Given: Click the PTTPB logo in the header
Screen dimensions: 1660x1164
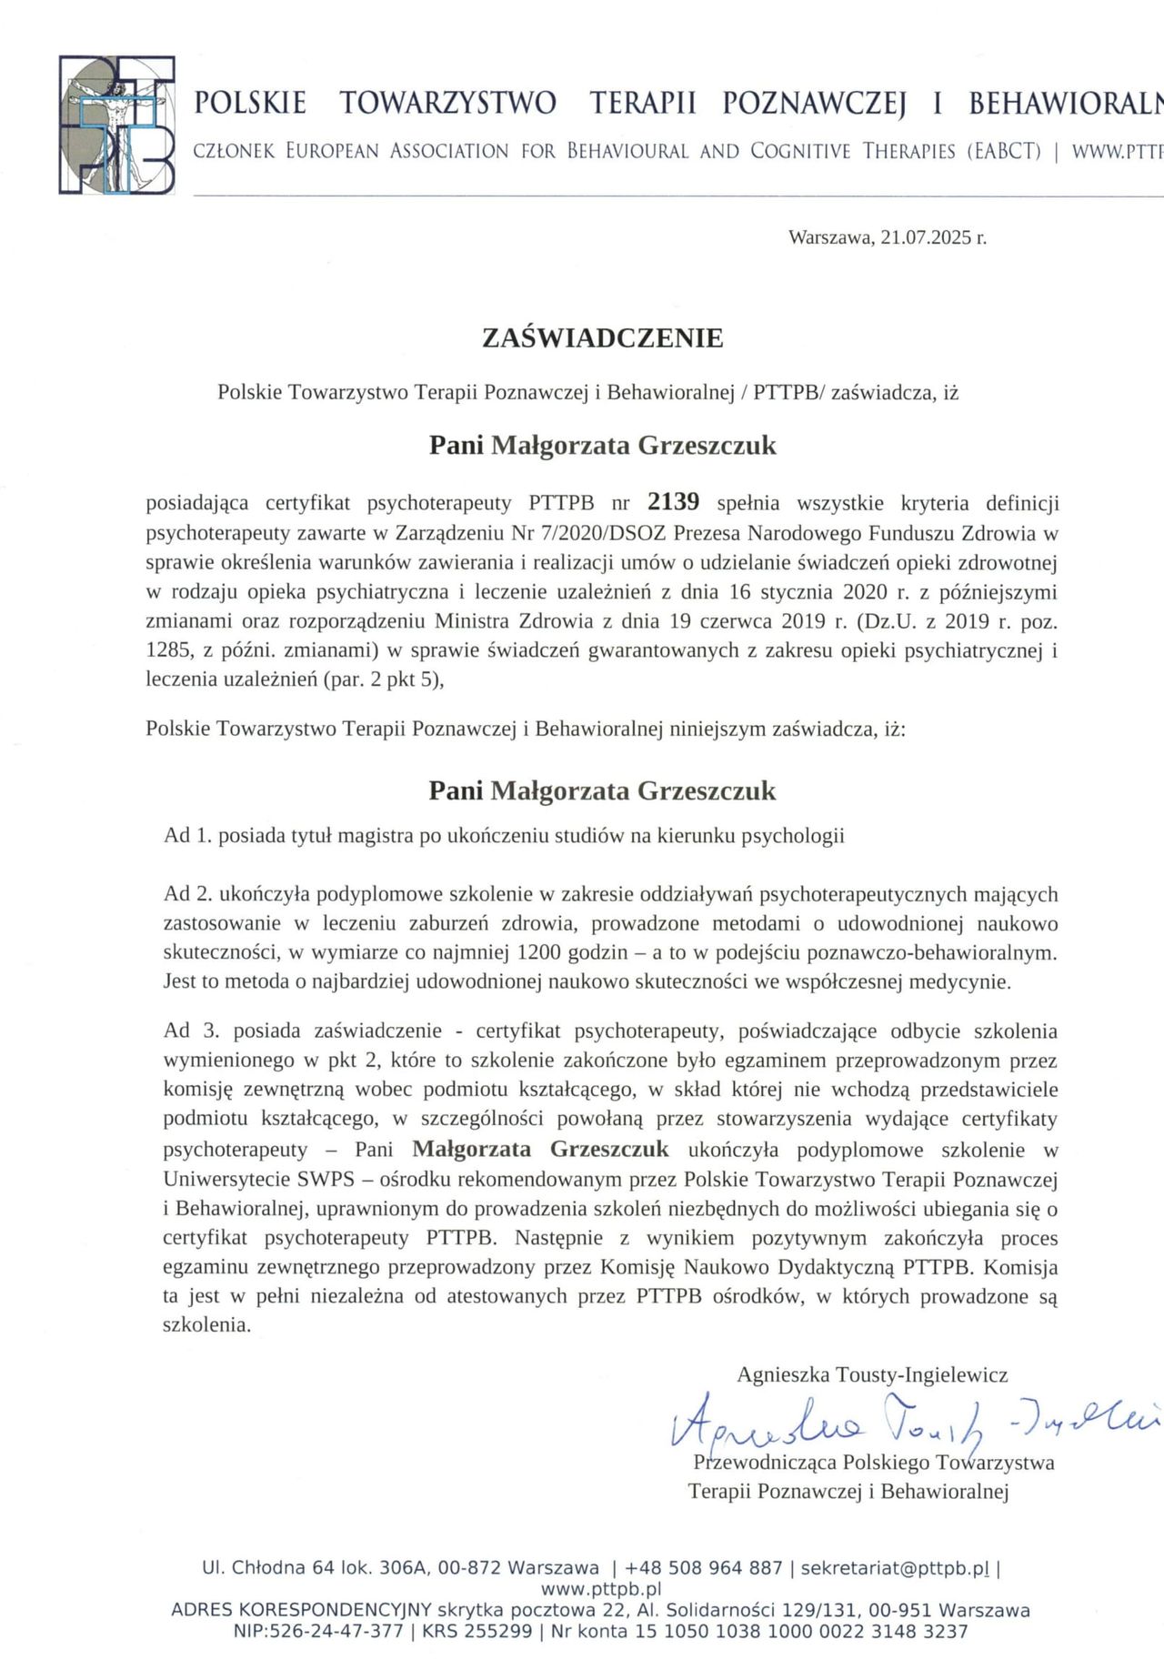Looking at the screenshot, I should click(116, 125).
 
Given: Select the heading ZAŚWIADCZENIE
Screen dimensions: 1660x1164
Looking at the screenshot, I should click(602, 338).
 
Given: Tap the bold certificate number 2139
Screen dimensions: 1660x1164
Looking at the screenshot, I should click(673, 502).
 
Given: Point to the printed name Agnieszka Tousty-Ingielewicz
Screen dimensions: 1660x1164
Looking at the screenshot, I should click(872, 1374).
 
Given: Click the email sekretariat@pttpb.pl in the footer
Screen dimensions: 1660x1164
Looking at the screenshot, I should click(895, 1567).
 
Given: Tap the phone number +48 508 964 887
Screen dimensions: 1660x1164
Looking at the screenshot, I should click(704, 1567).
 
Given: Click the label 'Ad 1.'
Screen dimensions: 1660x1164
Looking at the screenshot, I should click(188, 835).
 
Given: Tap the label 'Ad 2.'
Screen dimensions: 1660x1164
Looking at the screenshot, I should click(188, 894).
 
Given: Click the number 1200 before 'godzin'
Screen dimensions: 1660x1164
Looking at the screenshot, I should click(543, 953).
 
